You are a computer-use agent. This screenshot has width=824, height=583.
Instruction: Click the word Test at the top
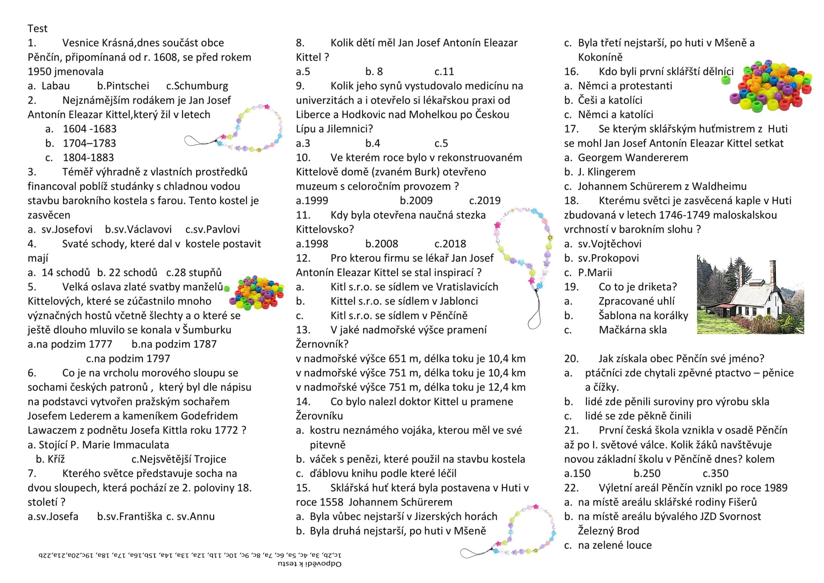click(37, 28)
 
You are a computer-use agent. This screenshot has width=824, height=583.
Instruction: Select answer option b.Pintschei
click(123, 85)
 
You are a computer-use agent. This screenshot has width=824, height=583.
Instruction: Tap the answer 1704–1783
click(89, 143)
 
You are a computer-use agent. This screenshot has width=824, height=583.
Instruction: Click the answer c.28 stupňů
click(194, 272)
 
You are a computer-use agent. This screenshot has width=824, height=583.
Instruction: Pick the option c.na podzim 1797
click(128, 358)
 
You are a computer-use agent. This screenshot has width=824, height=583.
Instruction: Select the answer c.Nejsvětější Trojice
click(179, 459)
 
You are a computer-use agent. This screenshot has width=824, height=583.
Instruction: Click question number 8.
click(300, 43)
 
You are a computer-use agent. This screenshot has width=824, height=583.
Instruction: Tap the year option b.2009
click(416, 200)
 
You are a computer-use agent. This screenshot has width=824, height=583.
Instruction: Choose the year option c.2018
click(450, 244)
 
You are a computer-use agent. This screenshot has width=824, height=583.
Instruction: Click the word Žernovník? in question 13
click(322, 344)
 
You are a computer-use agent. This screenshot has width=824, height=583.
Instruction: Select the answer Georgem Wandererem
click(633, 157)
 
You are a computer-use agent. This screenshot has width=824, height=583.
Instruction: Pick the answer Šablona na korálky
click(643, 315)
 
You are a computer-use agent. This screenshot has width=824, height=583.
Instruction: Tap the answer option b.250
click(647, 473)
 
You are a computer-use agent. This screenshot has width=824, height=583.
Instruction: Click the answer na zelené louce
click(615, 545)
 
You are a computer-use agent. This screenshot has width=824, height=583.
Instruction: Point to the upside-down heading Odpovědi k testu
click(309, 564)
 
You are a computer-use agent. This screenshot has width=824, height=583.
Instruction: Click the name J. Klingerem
click(606, 172)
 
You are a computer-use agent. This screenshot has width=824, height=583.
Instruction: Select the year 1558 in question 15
click(331, 502)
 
